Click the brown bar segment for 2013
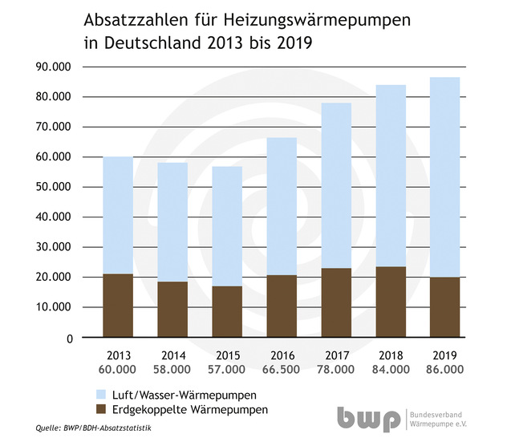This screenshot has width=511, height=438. coord(117,306)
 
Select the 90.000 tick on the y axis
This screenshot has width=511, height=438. coord(47,67)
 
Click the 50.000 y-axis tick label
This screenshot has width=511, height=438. coord(47,187)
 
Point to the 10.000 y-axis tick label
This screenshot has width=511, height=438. coord(47,307)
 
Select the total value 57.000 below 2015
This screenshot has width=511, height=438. coord(228,370)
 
